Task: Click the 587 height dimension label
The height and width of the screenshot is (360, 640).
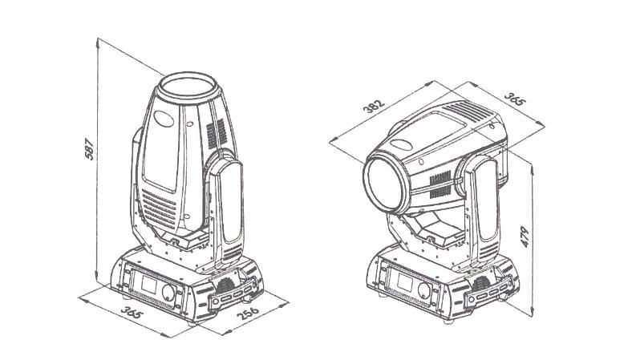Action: pyautogui.click(x=89, y=149)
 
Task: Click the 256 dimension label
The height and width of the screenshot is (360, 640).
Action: pyautogui.click(x=248, y=313)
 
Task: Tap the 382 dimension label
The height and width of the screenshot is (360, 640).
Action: pyautogui.click(x=375, y=106)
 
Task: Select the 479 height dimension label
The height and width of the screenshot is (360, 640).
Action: pyautogui.click(x=525, y=237)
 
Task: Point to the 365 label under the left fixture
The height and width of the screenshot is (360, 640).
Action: pyautogui.click(x=132, y=312)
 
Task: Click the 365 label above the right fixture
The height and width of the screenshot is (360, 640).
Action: pyautogui.click(x=515, y=99)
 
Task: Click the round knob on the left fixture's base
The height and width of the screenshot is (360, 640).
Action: pyautogui.click(x=168, y=292)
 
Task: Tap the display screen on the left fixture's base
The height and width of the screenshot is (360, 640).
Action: pyautogui.click(x=149, y=284)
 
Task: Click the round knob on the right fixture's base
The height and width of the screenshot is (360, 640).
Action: pyautogui.click(x=423, y=290)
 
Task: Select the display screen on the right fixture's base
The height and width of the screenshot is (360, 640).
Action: pyautogui.click(x=405, y=282)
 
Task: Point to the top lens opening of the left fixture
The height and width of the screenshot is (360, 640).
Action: pyautogui.click(x=188, y=87)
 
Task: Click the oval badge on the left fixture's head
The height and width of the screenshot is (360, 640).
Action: pyautogui.click(x=164, y=119)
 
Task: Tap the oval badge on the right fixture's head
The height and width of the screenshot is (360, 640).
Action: pyautogui.click(x=401, y=144)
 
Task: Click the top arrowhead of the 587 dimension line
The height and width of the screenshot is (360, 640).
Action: pyautogui.click(x=98, y=42)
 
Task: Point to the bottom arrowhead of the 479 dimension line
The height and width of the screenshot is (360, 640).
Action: pyautogui.click(x=532, y=312)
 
